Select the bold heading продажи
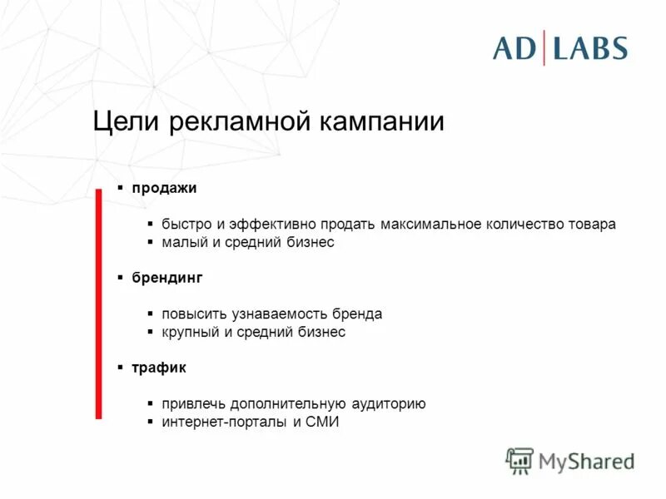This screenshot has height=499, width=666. (163, 188)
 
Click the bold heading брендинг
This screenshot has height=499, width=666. (166, 278)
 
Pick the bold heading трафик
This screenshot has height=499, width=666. (158, 368)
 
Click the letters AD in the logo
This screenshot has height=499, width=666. (514, 48)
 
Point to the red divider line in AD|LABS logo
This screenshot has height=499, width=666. (545, 47)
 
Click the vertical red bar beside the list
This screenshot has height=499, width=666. (98, 304)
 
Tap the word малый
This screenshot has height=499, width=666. (181, 242)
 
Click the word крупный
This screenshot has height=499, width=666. (187, 332)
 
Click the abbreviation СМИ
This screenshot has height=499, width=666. (323, 422)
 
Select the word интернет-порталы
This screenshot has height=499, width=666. (221, 422)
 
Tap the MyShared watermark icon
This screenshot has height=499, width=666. (519, 461)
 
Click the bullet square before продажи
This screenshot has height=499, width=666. (121, 187)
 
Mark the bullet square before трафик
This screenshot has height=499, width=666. (121, 367)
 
